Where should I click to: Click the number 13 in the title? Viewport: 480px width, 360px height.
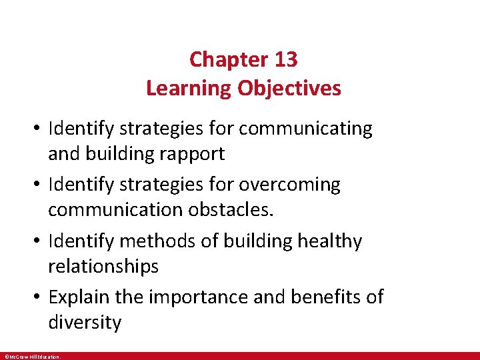(x=285, y=59)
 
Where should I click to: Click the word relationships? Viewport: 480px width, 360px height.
(x=103, y=267)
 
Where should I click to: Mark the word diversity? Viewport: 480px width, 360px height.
(x=85, y=323)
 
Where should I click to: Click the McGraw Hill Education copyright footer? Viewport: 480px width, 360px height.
(x=32, y=357)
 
